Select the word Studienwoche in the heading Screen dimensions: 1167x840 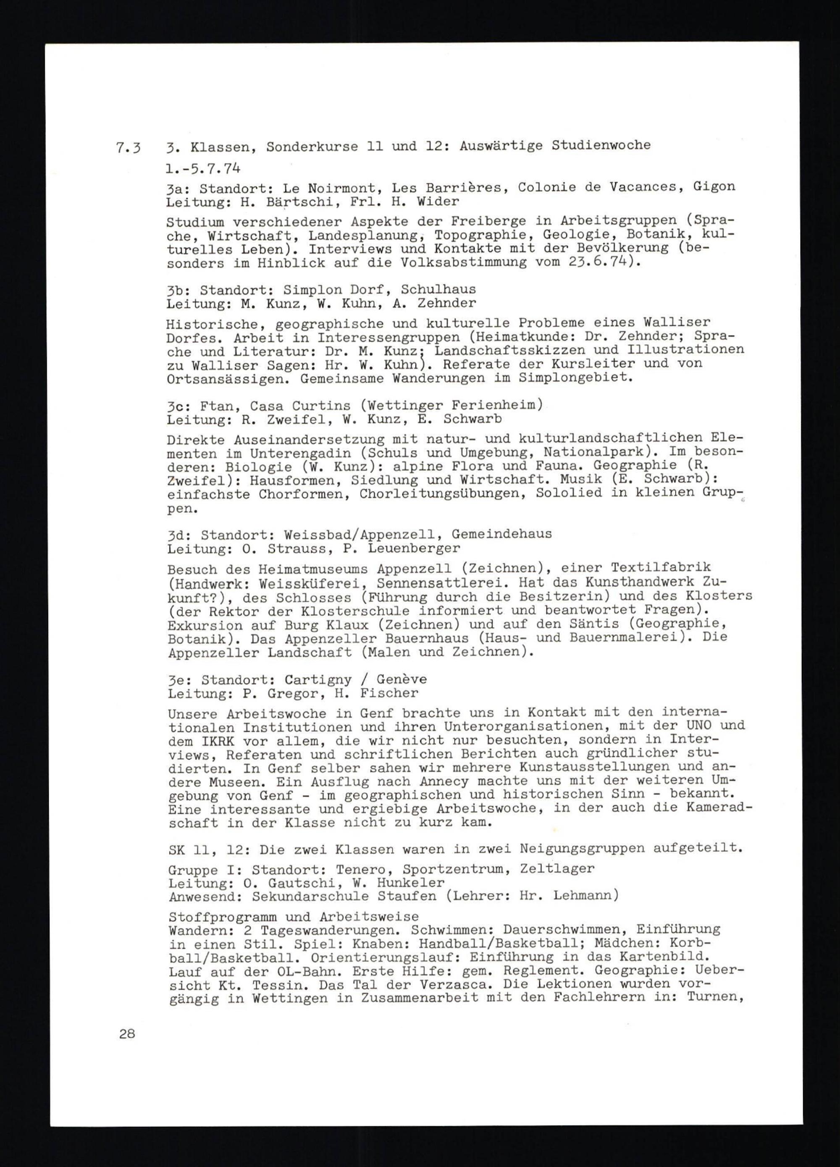[601, 146]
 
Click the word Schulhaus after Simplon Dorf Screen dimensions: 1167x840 [438, 289]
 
